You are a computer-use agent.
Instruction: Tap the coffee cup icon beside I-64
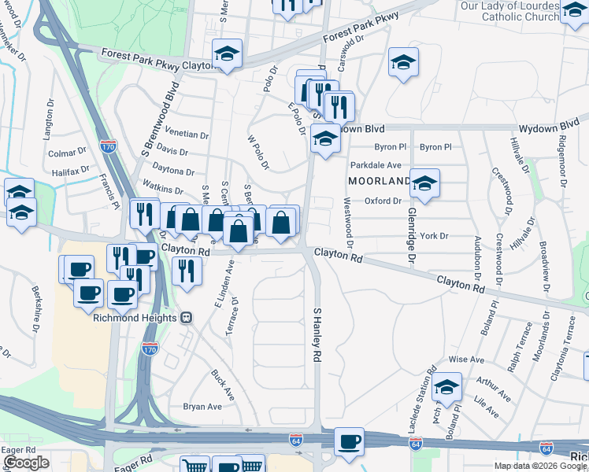(x=348, y=441)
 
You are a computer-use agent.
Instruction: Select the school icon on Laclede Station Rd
(x=446, y=389)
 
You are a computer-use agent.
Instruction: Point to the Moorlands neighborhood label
(x=379, y=181)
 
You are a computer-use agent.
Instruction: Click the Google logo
(x=26, y=463)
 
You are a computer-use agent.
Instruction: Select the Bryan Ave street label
(x=202, y=407)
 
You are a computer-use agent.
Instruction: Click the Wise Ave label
(x=465, y=359)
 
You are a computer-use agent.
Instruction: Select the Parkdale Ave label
(x=376, y=165)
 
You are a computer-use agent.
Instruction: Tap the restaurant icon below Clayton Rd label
(x=186, y=271)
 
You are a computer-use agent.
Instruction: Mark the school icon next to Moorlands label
(x=425, y=184)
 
